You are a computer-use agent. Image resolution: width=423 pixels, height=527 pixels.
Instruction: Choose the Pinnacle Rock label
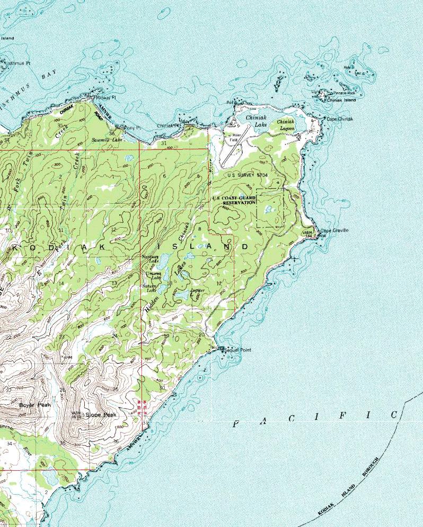(x=344, y=92)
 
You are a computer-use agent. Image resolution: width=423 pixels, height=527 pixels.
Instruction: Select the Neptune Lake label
(x=151, y=258)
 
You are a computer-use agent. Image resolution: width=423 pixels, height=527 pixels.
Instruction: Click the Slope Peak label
(x=101, y=414)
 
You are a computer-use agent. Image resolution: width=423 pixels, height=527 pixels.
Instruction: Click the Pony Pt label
(x=132, y=128)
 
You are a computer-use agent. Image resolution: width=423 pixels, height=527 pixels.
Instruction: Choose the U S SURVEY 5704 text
(x=248, y=175)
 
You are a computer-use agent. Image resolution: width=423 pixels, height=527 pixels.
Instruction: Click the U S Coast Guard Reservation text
(x=234, y=201)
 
